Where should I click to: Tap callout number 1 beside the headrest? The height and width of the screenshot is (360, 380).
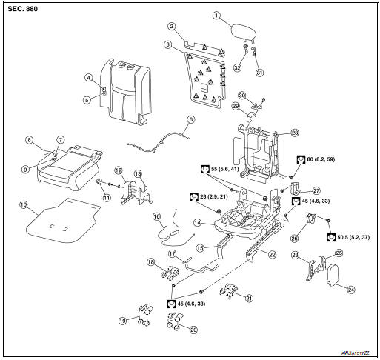[x=216, y=14]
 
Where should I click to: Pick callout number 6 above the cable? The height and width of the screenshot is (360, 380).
[x=190, y=119]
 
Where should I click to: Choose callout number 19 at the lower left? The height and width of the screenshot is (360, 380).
[x=124, y=321]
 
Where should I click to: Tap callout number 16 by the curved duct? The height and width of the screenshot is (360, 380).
[x=156, y=216]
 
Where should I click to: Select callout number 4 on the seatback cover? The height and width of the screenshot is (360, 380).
[x=87, y=78]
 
